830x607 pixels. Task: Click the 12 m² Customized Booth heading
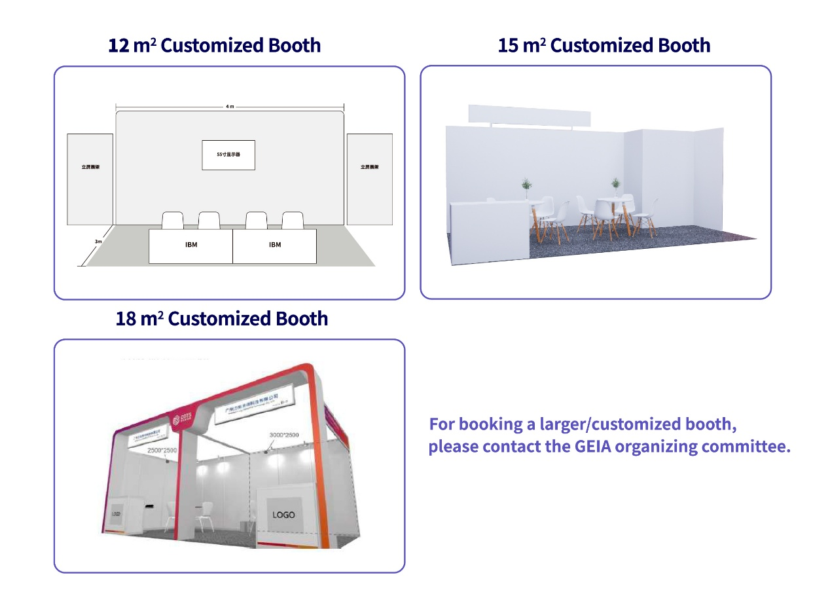[214, 46]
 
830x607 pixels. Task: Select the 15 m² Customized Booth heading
[604, 46]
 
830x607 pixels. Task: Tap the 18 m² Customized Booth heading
[221, 319]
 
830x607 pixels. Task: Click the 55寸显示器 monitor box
[228, 155]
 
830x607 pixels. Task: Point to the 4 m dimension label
[230, 106]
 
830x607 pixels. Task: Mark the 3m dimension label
[98, 242]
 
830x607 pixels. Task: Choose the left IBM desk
[190, 246]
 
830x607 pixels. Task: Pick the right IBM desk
[274, 246]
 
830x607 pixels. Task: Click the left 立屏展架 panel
[90, 179]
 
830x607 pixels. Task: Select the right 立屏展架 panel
[369, 179]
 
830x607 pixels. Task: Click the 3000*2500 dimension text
[283, 435]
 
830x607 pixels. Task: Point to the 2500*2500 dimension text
[162, 451]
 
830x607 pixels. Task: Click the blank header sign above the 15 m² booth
[530, 115]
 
